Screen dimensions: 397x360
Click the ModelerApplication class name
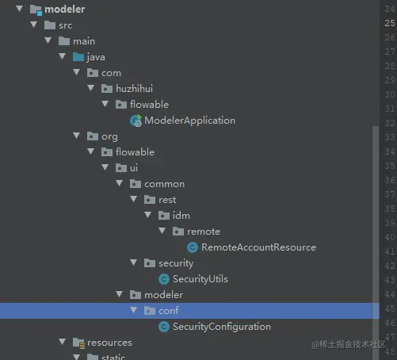(x=189, y=121)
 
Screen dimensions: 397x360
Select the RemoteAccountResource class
(x=258, y=247)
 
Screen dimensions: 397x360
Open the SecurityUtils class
(x=200, y=279)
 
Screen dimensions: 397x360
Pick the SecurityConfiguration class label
(x=222, y=327)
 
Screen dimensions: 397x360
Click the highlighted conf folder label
(x=169, y=311)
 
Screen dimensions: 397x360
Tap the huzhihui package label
(x=134, y=89)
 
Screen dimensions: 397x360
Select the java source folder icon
(x=78, y=57)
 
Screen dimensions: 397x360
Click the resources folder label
(x=109, y=343)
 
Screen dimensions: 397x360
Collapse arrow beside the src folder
(x=34, y=25)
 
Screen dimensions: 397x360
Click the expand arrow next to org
(x=77, y=136)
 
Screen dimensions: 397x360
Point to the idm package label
(x=181, y=216)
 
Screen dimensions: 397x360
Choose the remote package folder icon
(x=178, y=232)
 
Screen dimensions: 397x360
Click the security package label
(x=176, y=263)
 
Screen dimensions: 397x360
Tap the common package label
(x=164, y=184)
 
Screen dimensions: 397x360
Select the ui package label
(x=134, y=168)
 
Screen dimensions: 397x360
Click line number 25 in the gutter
(x=390, y=23)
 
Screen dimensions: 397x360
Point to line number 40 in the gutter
(x=390, y=237)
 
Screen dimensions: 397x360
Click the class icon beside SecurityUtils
(x=164, y=279)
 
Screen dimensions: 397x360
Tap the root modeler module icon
(x=36, y=10)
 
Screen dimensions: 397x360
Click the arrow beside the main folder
(x=48, y=40)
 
